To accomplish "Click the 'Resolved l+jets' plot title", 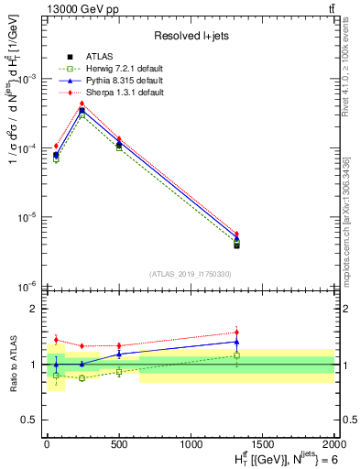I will (190, 36).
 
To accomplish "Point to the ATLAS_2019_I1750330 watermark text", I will (190, 274).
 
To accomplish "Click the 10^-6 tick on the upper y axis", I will (27, 287).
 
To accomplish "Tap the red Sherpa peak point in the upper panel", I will (82, 104).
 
